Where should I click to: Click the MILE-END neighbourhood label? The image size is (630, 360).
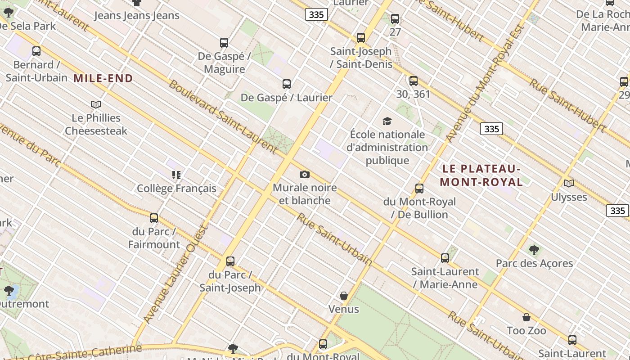[x=103, y=79]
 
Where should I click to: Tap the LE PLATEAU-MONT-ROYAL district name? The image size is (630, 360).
[x=481, y=175]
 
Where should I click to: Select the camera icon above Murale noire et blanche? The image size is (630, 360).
[x=304, y=174]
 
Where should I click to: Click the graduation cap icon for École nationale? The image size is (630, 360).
[x=387, y=121]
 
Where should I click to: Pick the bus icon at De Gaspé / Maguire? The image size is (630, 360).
[x=224, y=43]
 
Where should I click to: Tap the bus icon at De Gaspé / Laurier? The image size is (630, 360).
[x=287, y=84]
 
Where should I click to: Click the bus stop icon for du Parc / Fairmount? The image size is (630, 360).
[x=154, y=218]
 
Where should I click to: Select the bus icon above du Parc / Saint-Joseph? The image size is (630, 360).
[x=230, y=261]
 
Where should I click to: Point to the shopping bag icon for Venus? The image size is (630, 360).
[x=344, y=296]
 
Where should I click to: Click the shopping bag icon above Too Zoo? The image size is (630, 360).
[x=526, y=317]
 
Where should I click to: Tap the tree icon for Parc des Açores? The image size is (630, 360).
[x=534, y=250]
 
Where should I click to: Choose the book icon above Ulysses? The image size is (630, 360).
[x=569, y=183]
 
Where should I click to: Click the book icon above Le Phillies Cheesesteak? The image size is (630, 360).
[x=96, y=104]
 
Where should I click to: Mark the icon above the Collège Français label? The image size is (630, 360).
[x=176, y=175]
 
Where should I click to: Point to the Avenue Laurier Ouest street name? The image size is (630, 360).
[x=175, y=274]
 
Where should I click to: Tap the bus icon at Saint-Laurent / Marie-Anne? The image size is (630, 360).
[x=445, y=258]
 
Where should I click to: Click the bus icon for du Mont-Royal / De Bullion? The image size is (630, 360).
[x=419, y=188]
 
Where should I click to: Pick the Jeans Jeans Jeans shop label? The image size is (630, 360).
[x=137, y=16]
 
